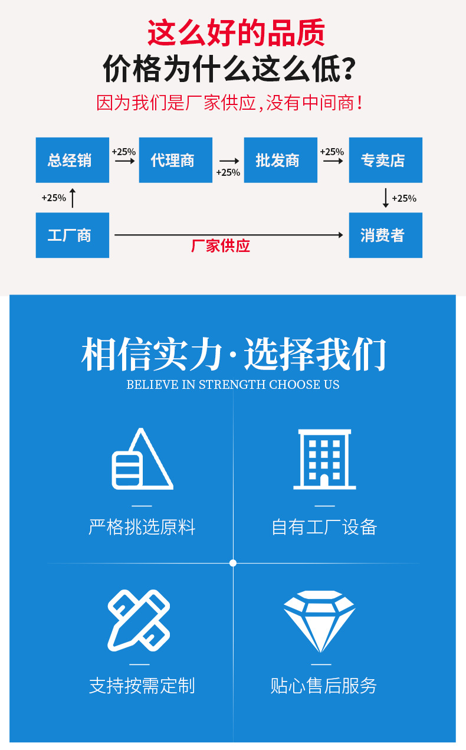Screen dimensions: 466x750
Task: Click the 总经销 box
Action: [x=73, y=160]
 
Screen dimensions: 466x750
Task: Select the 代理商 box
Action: [x=175, y=160]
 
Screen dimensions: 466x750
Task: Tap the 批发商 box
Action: [x=281, y=160]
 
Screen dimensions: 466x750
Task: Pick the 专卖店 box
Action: [x=386, y=160]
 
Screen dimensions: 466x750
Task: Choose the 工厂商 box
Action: [x=73, y=235]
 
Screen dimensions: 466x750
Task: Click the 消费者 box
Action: [x=386, y=235]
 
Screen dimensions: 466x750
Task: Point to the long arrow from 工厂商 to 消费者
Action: [x=229, y=235]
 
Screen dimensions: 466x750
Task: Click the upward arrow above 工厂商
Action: [x=73, y=198]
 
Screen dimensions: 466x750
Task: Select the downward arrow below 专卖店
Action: [x=386, y=198]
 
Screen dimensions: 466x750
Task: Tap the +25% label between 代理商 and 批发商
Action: [x=228, y=172]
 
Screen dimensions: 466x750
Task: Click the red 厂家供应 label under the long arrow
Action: [x=221, y=245]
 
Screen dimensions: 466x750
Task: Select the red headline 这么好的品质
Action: [x=237, y=32]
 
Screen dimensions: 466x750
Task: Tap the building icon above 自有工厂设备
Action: [x=324, y=459]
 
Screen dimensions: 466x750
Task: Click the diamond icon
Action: [x=319, y=621]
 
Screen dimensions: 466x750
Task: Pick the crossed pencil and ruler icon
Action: [x=139, y=620]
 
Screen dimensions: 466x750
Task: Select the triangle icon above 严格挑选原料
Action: [x=143, y=458]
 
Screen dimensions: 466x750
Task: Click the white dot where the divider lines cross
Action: [x=233, y=563]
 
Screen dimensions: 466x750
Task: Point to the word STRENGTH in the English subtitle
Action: [x=232, y=384]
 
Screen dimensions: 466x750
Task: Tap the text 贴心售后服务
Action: [x=324, y=685]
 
